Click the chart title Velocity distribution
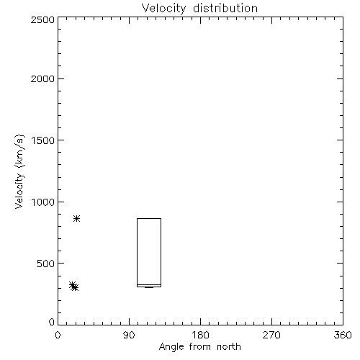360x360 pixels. pos(199,9)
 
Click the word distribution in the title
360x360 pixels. pos(225,8)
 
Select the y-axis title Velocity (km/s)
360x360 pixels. pos(19,171)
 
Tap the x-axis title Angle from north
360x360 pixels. pos(199,346)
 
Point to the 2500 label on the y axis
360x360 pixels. pos(42,19)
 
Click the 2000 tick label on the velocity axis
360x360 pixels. pos(42,78)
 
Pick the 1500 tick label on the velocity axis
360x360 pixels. pos(43,140)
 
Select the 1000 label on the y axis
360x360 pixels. pos(43,202)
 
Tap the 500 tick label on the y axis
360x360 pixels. pos(46,264)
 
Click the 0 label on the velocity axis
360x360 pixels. pos(52,322)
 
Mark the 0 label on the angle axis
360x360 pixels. pos(58,335)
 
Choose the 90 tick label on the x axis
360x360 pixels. pos(129,335)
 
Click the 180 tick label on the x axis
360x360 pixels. pos(200,335)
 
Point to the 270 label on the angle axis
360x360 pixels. pos(271,335)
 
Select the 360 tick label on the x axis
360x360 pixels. pos(343,335)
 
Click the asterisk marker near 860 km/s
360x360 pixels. pos(76,218)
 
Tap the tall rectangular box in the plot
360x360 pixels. pos(137,252)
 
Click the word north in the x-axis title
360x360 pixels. pos(229,346)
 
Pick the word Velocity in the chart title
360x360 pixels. pos(164,9)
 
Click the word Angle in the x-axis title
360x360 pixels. pos(171,347)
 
